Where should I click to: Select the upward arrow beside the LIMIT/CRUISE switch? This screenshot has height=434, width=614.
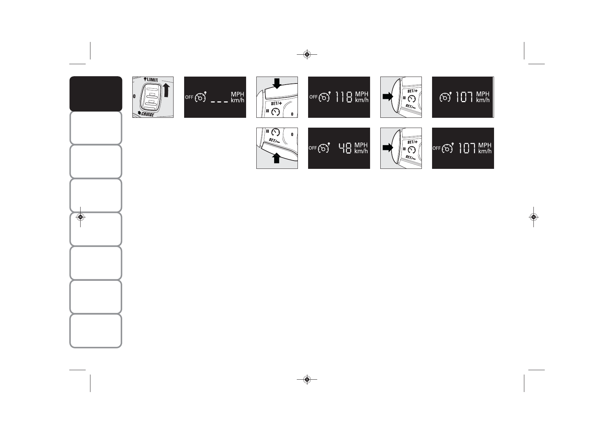167,94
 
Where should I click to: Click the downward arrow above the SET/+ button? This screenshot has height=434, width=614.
277,84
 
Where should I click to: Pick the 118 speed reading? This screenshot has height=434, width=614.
344,97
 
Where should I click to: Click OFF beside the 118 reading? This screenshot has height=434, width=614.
313,97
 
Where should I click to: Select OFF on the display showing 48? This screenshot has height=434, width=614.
312,148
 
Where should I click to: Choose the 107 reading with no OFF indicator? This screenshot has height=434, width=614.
465,97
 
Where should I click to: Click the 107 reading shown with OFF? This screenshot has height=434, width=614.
467,148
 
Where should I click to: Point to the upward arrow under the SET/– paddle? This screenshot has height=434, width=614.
277,158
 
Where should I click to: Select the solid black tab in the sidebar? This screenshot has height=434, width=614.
96,94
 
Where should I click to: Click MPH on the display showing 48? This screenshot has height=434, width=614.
361,145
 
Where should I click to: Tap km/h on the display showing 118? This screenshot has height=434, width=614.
362,100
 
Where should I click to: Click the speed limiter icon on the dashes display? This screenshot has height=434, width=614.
201,97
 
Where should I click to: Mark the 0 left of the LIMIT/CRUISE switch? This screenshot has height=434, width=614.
135,97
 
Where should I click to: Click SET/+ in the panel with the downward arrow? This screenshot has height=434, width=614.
276,103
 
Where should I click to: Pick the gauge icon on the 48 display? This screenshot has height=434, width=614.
323,148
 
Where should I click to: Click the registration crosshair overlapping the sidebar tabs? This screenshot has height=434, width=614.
81,217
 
